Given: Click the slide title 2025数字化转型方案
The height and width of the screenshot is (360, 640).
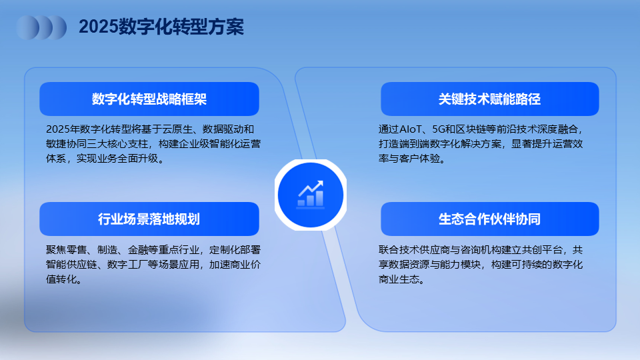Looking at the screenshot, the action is coord(161,27).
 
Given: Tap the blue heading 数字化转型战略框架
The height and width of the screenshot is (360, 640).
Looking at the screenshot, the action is coord(149,99).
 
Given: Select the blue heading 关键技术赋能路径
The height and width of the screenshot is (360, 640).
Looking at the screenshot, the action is coord(489,99).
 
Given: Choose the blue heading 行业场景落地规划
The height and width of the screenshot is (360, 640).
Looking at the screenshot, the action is coord(149,219).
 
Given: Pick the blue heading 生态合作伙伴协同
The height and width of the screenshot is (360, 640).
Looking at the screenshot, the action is coord(489,219).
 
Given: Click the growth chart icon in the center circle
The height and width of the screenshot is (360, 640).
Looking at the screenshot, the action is coord(311,194).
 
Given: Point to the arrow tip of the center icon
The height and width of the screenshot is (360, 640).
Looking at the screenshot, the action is coord(321,182).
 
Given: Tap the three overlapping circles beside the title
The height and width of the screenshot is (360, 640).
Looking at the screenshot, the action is coord(41,28).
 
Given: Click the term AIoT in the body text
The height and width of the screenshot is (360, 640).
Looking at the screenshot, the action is coord(411,129).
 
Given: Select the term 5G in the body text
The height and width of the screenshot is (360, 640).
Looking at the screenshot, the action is coord(438,129).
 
